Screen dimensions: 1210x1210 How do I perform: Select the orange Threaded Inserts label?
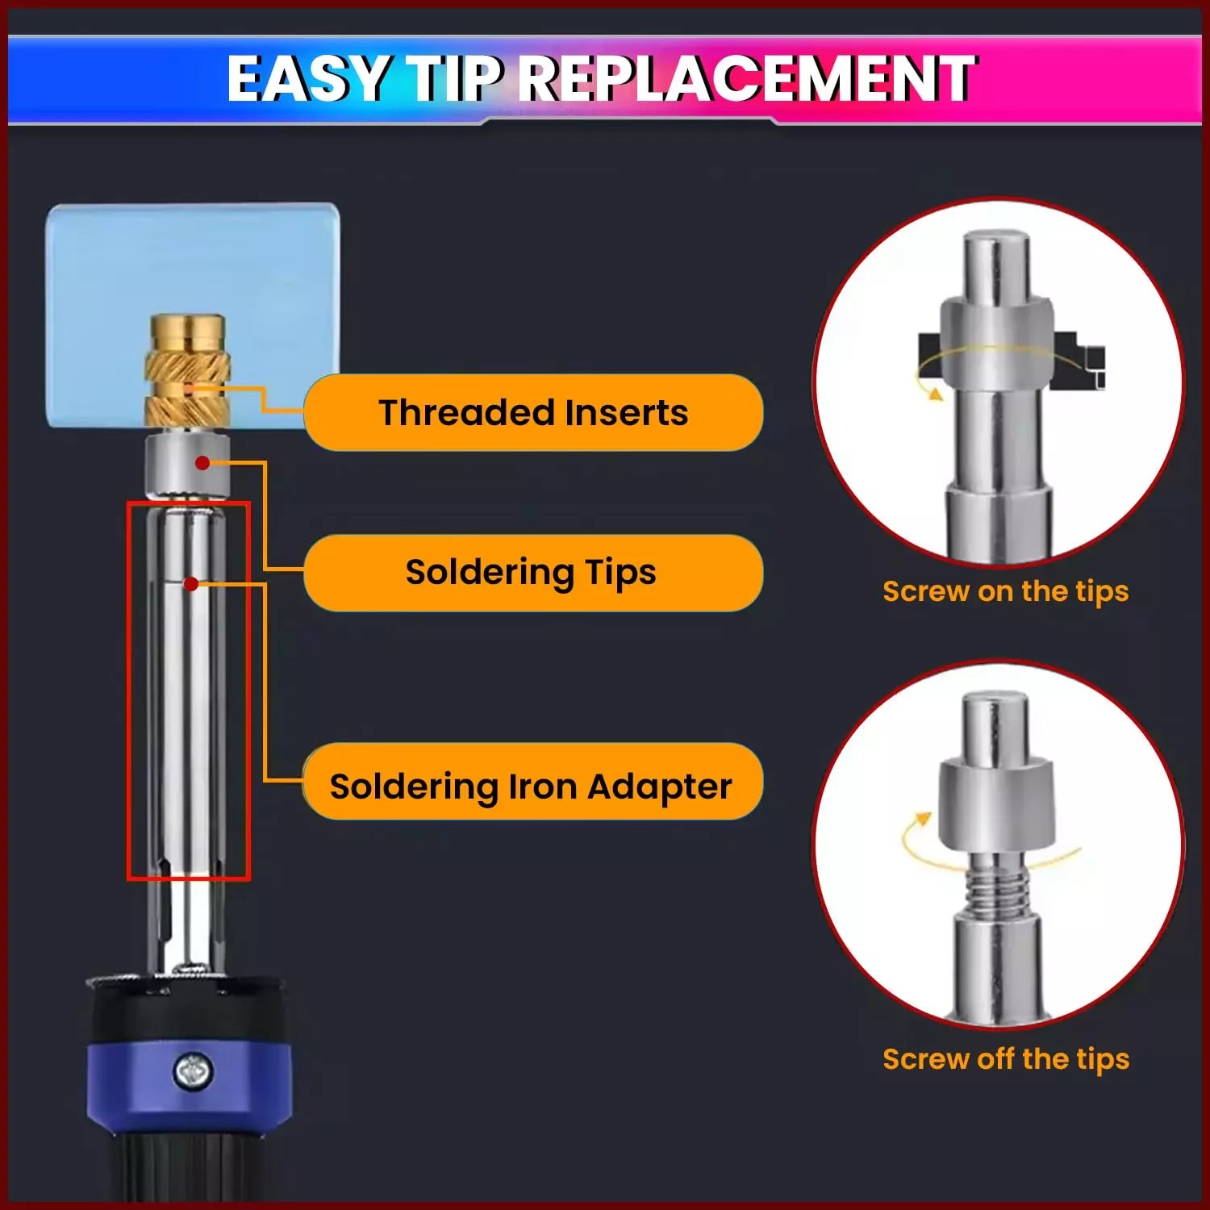[533, 412]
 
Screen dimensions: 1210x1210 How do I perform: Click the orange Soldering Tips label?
[533, 572]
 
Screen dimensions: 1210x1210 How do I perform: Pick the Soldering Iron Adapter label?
[533, 785]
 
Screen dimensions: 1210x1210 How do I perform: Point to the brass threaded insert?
[187, 371]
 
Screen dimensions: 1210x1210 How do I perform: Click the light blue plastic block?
[192, 315]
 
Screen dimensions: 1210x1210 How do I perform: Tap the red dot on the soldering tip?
[202, 462]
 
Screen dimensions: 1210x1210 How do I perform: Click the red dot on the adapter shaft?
[191, 583]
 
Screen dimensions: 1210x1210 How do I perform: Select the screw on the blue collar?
[194, 1071]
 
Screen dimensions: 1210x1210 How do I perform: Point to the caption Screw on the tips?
[1005, 591]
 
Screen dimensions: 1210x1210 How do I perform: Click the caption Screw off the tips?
[1005, 1058]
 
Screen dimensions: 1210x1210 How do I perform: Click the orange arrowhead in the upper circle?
[936, 394]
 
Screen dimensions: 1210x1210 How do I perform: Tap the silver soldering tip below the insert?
[187, 465]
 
